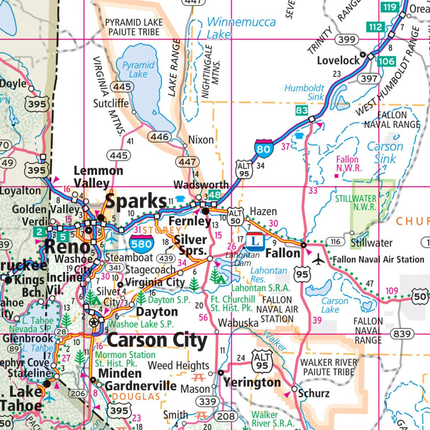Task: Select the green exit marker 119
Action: coord(390,6)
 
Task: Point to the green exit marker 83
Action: coord(302,111)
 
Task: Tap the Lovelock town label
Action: coord(338,60)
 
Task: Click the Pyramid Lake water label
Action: coord(138,70)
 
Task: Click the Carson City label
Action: coord(157,341)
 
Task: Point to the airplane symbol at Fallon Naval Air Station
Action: coord(318,259)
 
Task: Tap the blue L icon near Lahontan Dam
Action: coord(255,241)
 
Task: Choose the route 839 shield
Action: coord(402,334)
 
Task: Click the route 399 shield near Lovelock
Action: coord(347,40)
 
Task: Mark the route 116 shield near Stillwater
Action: coord(335,241)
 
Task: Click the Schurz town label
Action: coord(313,393)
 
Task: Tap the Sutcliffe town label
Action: coord(111,103)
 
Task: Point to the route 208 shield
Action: coord(226,416)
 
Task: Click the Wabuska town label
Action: coord(238,322)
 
